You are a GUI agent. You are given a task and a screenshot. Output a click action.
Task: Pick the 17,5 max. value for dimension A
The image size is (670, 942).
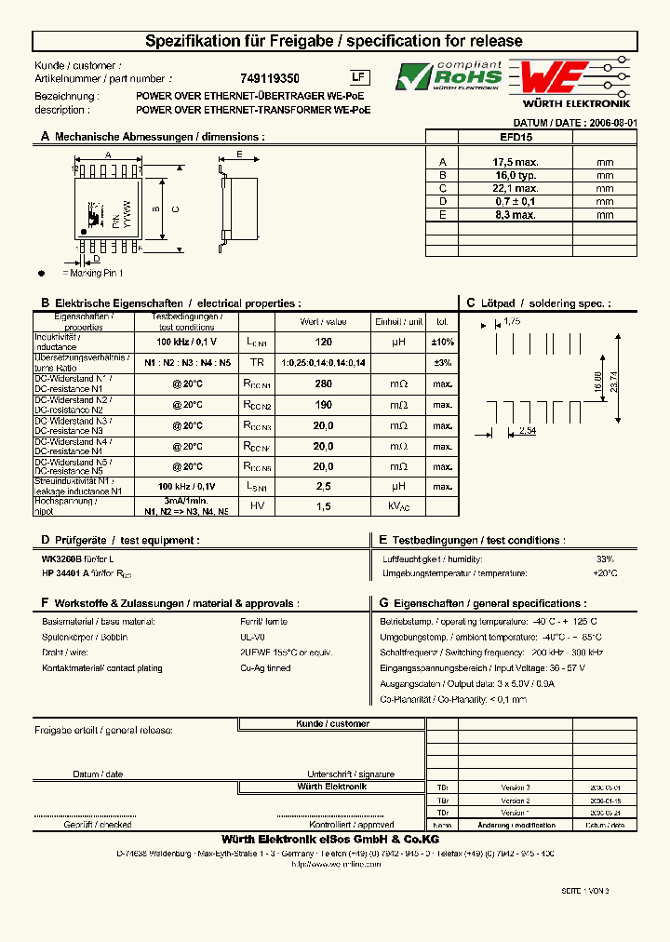coord(516,162)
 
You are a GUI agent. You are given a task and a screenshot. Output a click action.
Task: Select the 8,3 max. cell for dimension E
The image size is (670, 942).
coord(516,215)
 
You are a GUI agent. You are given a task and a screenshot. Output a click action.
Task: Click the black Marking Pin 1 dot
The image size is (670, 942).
coord(41,273)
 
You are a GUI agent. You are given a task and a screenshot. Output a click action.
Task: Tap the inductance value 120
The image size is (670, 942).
coord(323,343)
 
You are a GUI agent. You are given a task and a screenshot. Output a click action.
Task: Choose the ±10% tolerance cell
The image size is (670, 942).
coord(442,343)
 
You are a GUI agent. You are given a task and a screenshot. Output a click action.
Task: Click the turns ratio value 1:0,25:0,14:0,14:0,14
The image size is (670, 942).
coord(323,363)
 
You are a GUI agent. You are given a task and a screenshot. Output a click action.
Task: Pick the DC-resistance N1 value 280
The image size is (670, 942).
coord(323,384)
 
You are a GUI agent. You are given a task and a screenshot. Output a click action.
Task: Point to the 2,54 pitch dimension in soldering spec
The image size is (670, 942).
coord(527,432)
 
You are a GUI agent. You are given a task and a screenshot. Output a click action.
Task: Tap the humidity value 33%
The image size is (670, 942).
coord(605,558)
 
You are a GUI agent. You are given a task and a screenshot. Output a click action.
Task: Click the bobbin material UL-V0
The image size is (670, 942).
coord(252,638)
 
